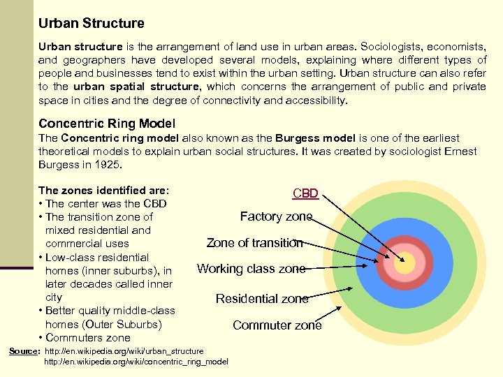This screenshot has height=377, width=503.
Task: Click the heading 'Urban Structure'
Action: (x=92, y=23)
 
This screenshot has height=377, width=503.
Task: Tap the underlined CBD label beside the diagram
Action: (x=305, y=193)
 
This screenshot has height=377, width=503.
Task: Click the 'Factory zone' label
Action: (x=276, y=216)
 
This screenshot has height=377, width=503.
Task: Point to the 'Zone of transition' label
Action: (x=254, y=243)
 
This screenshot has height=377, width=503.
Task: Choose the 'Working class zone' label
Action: (x=251, y=269)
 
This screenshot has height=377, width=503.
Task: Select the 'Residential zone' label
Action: (x=262, y=299)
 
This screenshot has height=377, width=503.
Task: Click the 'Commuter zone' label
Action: (x=277, y=325)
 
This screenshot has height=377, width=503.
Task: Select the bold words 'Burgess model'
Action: (x=311, y=138)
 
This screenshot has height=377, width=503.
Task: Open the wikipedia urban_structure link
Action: (x=124, y=350)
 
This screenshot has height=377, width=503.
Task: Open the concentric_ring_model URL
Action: (x=136, y=361)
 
